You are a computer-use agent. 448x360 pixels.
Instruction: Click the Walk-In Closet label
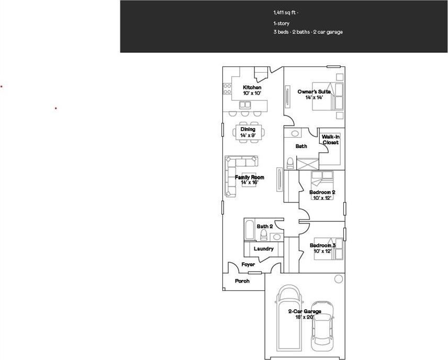click(330, 140)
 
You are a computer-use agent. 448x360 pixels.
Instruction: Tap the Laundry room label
click(263, 249)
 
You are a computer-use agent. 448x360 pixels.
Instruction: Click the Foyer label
click(248, 265)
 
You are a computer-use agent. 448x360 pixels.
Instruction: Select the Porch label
click(242, 281)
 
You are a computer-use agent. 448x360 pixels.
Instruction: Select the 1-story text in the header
click(281, 24)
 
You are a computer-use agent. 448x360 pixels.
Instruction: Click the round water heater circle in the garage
click(338, 278)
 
